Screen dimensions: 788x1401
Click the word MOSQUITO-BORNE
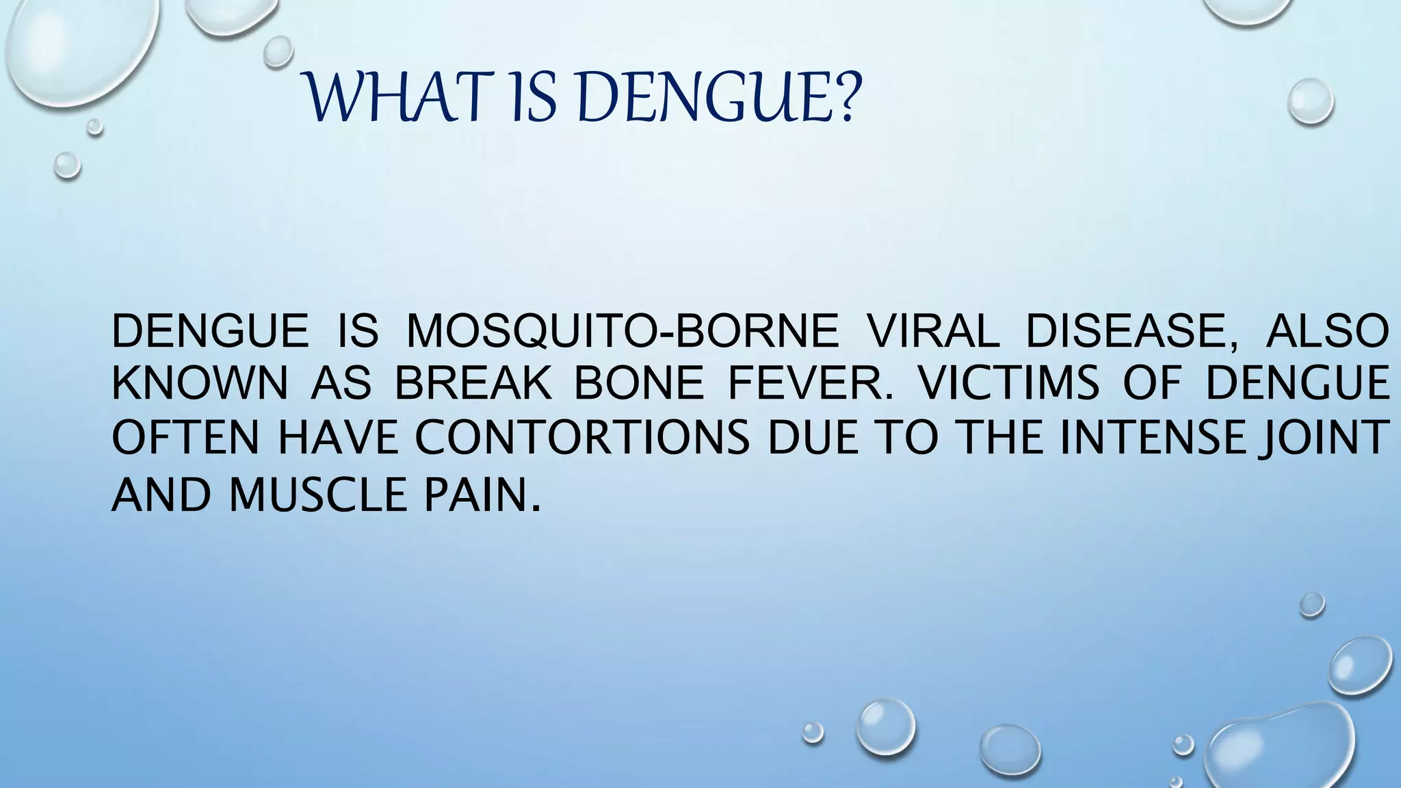[x=623, y=331]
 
